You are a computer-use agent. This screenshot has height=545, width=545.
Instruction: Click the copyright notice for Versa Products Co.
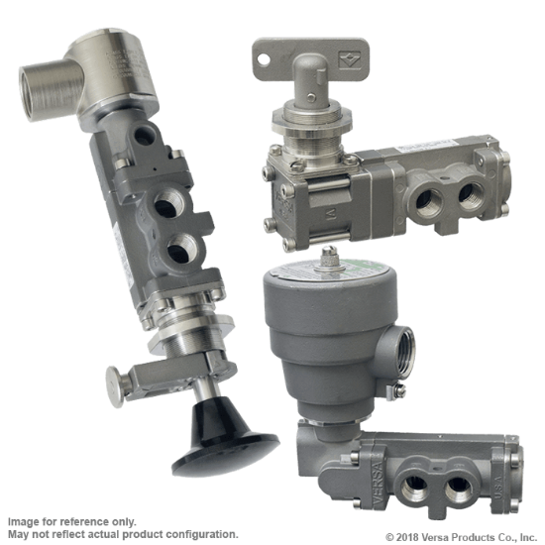[464, 537]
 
